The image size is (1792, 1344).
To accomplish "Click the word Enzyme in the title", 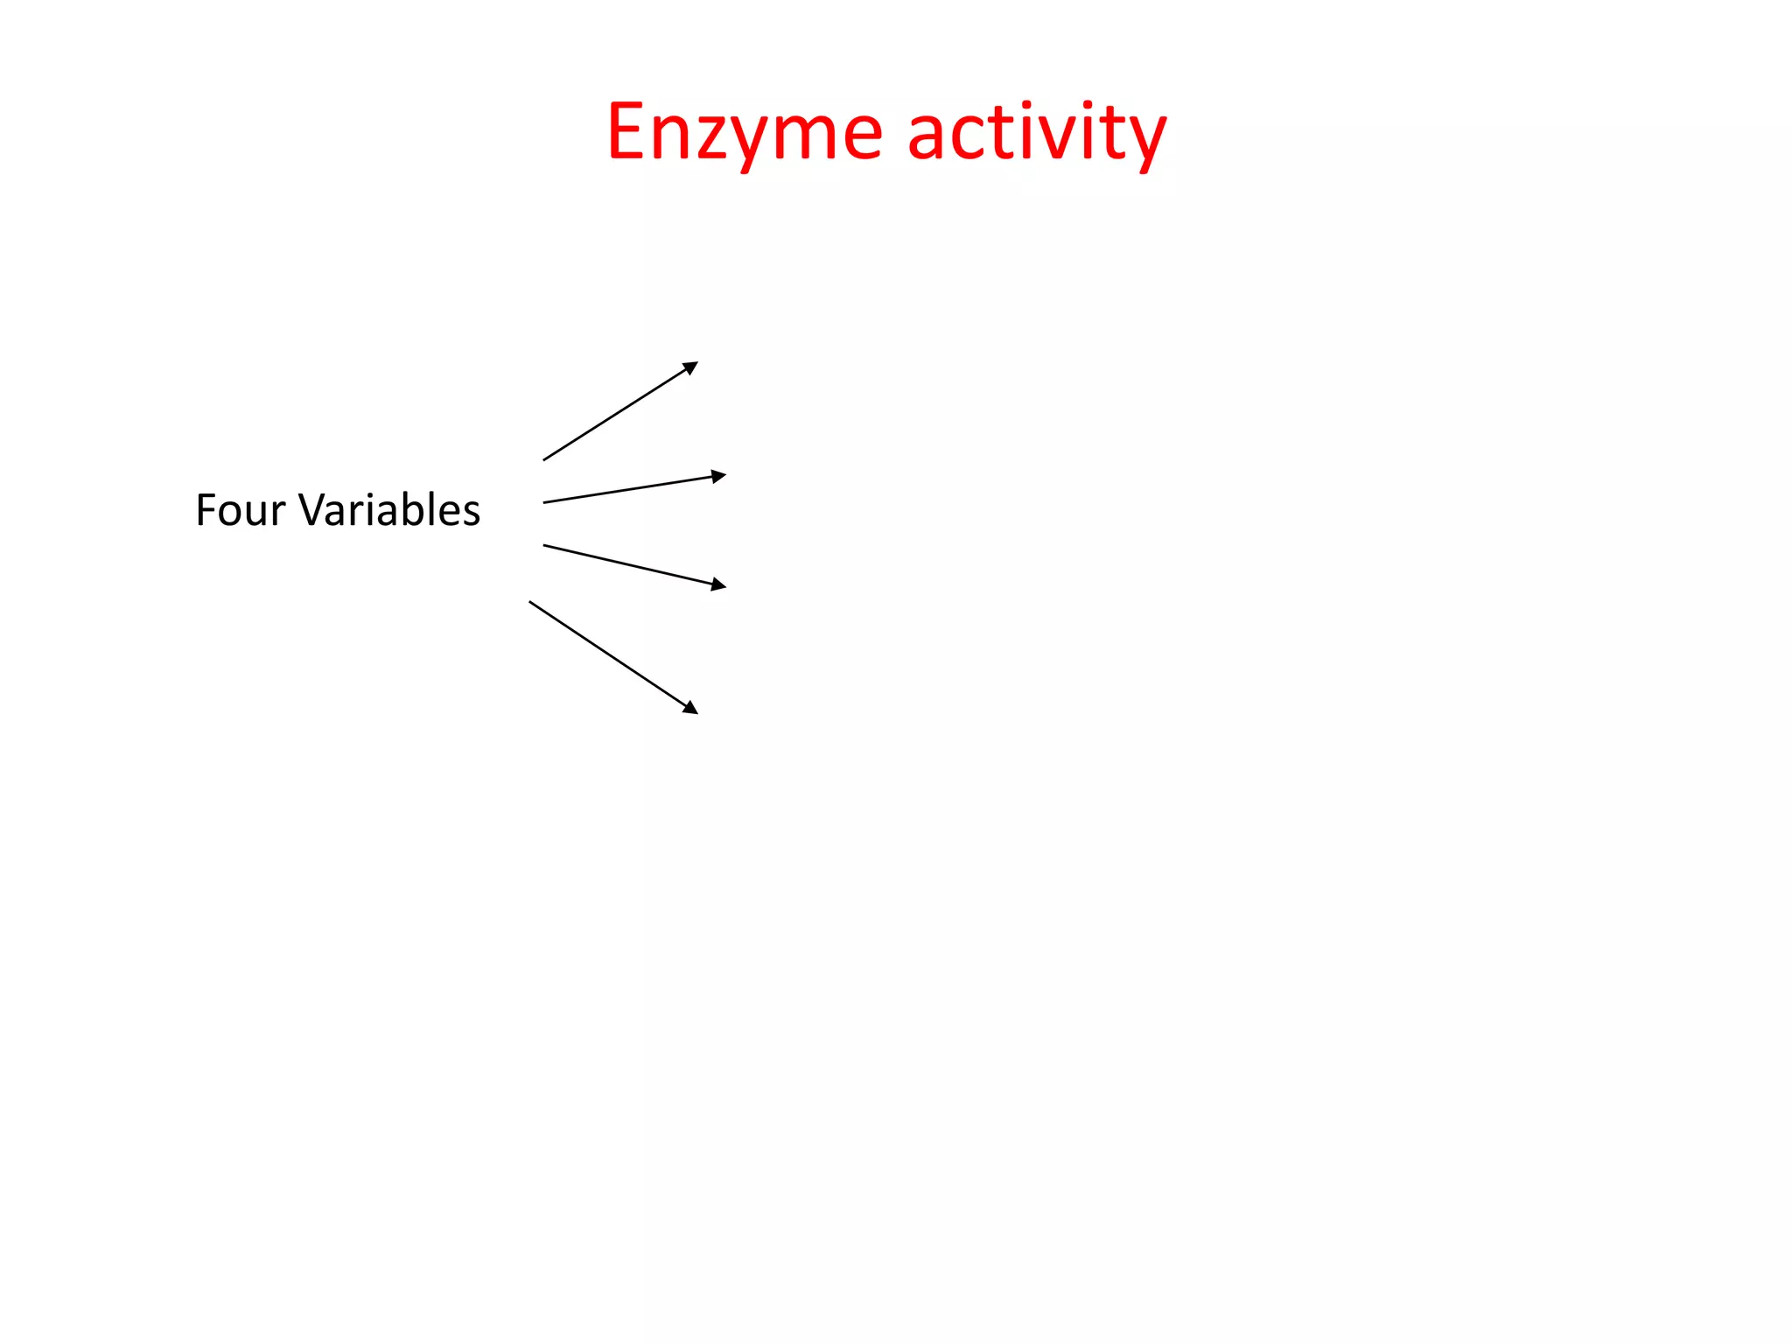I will point(745,133).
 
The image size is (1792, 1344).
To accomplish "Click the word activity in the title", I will point(1037,133).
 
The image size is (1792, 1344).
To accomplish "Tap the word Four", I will point(240,510).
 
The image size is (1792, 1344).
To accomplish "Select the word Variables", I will point(389,510).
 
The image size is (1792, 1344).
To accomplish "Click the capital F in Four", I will point(206,510).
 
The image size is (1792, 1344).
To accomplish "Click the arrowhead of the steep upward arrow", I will point(691,367).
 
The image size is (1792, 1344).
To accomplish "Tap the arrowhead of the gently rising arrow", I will point(719,476).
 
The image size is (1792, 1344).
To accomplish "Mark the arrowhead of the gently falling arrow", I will point(719,584).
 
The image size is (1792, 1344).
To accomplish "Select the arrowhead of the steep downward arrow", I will point(691,708).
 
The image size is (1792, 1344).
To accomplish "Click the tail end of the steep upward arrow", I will point(545,459).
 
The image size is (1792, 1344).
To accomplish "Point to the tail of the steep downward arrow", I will point(531,603).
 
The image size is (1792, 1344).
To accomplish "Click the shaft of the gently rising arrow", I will point(630,489).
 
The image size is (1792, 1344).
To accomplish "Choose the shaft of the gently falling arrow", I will point(630,565).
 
